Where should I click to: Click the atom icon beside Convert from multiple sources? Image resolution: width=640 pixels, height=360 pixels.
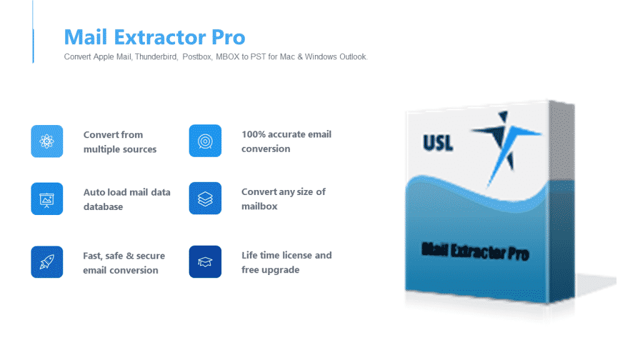47,141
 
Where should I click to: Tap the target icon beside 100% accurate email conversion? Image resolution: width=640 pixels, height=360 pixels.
205,141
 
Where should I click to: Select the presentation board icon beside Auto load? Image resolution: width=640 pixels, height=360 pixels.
47,199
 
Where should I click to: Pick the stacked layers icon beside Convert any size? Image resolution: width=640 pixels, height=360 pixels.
205,199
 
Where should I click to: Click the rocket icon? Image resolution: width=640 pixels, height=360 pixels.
47,262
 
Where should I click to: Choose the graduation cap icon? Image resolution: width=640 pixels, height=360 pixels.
205,262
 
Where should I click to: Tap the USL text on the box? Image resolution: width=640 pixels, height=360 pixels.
437,143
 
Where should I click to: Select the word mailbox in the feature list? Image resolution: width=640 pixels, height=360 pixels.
259,206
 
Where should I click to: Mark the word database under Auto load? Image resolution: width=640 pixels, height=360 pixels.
103,207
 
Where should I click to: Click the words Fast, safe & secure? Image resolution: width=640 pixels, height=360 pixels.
124,256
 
